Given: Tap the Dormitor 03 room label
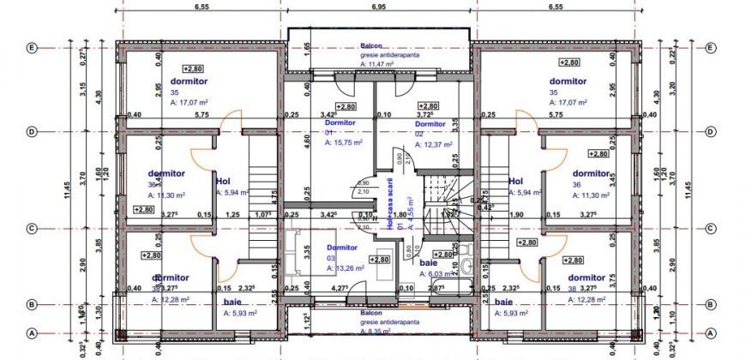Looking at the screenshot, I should tap(342, 247).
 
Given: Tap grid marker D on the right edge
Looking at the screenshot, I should tap(711, 132).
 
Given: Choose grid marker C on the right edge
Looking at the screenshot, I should tap(711, 228).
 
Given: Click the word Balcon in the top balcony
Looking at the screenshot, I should tap(370, 46).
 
